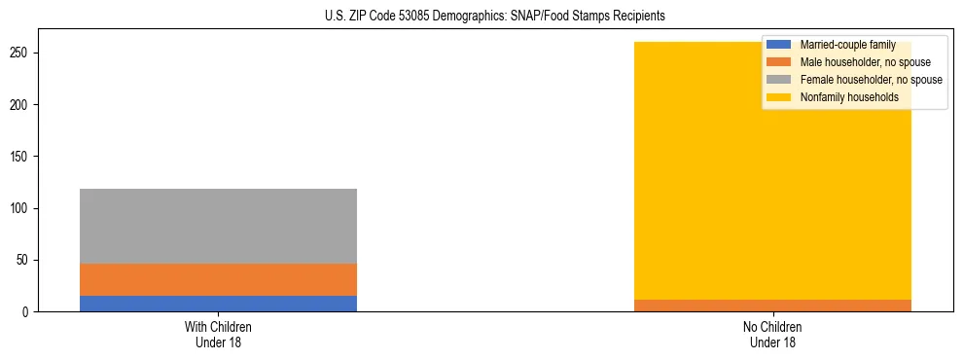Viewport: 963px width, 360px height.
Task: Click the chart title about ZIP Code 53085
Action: click(481, 17)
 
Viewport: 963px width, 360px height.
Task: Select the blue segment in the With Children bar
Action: click(218, 304)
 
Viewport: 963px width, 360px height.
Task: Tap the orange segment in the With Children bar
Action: click(218, 279)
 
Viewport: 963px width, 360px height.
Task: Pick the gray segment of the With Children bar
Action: click(218, 226)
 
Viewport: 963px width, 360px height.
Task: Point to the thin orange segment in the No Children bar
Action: click(772, 306)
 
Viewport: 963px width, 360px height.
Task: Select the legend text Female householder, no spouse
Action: click(871, 80)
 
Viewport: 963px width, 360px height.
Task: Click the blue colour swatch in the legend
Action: click(778, 45)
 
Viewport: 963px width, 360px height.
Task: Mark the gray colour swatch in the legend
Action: click(778, 80)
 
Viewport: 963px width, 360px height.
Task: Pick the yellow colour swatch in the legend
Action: click(778, 97)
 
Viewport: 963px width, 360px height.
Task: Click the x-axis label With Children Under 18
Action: click(218, 334)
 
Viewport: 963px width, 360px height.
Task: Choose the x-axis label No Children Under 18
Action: click(772, 334)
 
